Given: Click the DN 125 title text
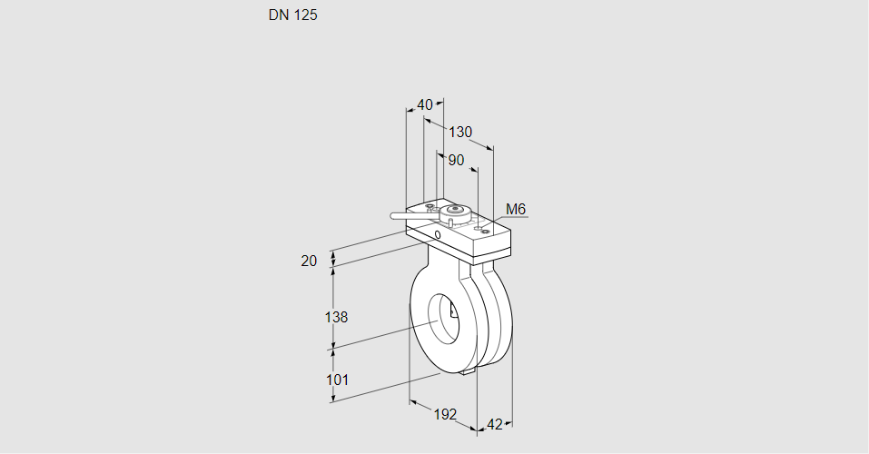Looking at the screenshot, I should [292, 15].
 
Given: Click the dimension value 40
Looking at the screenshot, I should [425, 104].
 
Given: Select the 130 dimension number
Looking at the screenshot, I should [460, 132].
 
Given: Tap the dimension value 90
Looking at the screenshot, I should [456, 160].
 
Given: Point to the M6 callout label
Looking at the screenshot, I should [516, 210].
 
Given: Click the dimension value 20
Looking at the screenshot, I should [309, 262].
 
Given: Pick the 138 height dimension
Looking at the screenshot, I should [337, 317].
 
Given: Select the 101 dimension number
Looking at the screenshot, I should [337, 380].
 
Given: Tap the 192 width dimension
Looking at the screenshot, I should [444, 414].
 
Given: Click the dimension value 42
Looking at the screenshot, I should [495, 424].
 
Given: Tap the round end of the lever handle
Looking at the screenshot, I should [393, 216].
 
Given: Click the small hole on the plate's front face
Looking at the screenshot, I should [438, 235].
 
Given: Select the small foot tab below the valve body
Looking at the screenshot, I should [469, 370].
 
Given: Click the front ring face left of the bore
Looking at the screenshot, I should [421, 318].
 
